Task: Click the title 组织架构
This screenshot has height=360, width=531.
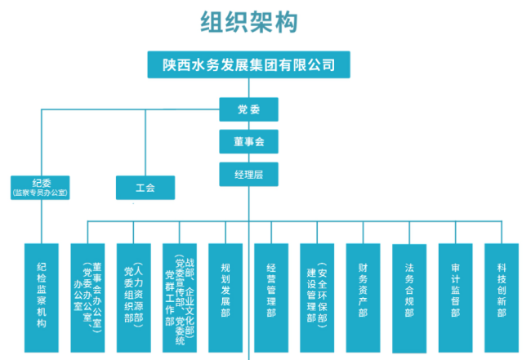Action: (249, 22)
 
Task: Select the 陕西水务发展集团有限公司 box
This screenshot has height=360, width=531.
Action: (248, 64)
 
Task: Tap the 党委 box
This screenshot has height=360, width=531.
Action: (248, 109)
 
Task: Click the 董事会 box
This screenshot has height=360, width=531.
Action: (248, 141)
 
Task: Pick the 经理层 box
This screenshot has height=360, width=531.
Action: (248, 174)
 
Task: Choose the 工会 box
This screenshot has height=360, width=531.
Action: (145, 188)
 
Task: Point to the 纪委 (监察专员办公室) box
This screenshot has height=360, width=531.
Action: (40, 188)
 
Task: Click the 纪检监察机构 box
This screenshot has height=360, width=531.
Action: (42, 298)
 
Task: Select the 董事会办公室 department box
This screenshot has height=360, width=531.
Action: (87, 298)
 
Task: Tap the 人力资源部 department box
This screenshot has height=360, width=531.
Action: (133, 298)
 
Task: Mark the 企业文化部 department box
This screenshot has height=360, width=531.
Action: (180, 298)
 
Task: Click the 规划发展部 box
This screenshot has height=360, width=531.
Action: (225, 298)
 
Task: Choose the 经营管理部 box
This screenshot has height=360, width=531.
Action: (271, 298)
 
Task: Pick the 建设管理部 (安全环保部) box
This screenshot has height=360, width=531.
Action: (317, 298)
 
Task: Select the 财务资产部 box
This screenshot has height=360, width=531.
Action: (363, 298)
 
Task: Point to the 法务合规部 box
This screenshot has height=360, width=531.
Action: (409, 299)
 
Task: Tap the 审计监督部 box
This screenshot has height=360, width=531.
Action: (456, 298)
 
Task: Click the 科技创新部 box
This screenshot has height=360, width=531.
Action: (502, 298)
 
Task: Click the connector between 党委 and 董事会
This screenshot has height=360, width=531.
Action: (248, 126)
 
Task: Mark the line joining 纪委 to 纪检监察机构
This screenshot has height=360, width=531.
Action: (42, 221)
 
